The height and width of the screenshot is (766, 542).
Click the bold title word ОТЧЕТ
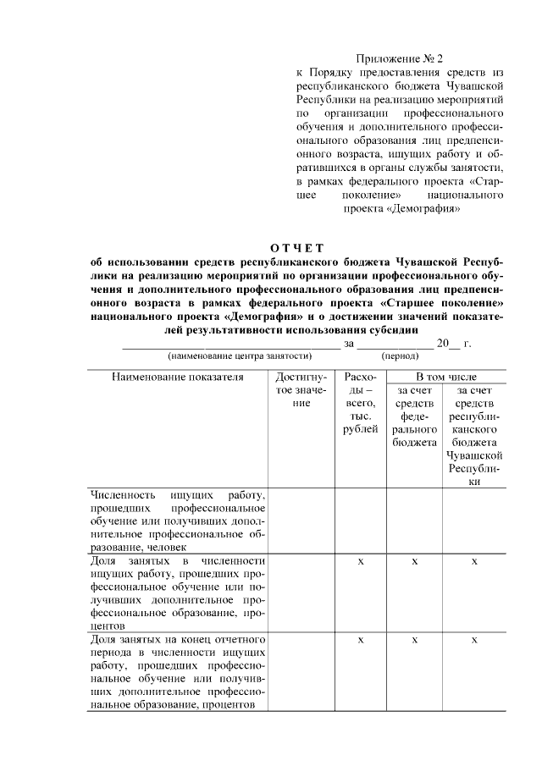pyautogui.click(x=297, y=247)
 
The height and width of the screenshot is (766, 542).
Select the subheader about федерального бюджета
pyautogui.click(x=414, y=416)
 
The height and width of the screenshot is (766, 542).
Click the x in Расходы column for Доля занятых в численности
pyautogui.click(x=361, y=562)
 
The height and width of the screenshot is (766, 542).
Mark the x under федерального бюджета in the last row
pyautogui.click(x=414, y=640)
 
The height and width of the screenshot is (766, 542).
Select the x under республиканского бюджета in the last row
pyautogui.click(x=474, y=640)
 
